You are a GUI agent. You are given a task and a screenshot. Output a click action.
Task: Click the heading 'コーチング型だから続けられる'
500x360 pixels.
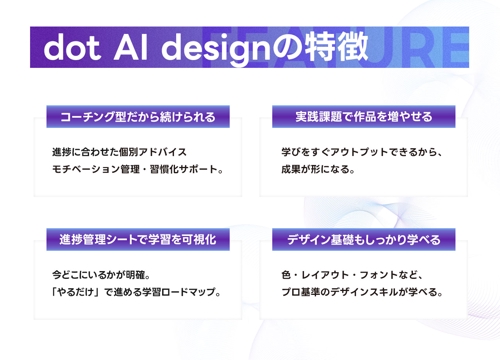(138, 117)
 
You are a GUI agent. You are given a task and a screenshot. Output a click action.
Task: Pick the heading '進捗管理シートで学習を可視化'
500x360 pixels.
(138, 239)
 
